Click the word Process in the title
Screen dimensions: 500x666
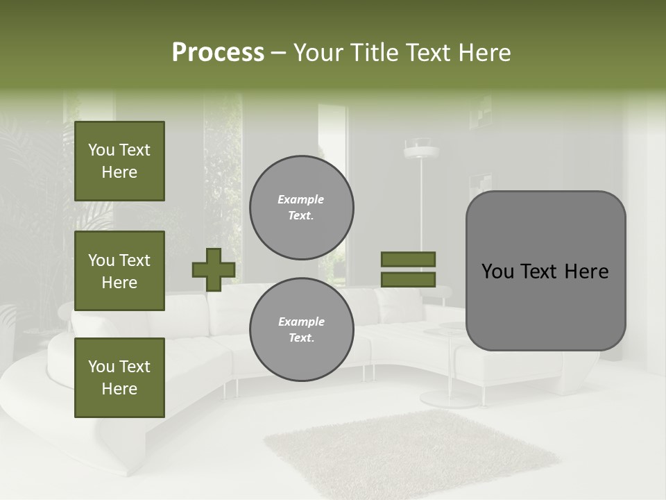(218, 53)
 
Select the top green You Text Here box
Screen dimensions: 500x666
(119, 161)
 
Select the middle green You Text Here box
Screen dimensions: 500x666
(119, 271)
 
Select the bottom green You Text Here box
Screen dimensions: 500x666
(119, 377)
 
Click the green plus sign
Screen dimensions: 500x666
(213, 269)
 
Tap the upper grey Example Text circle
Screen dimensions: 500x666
(301, 208)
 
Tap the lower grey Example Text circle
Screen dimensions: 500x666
(301, 330)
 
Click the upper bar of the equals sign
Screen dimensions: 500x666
(408, 259)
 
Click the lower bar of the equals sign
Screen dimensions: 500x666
(408, 279)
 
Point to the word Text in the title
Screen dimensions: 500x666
(429, 53)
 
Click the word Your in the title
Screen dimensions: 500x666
(318, 53)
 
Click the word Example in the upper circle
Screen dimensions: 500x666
(301, 199)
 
